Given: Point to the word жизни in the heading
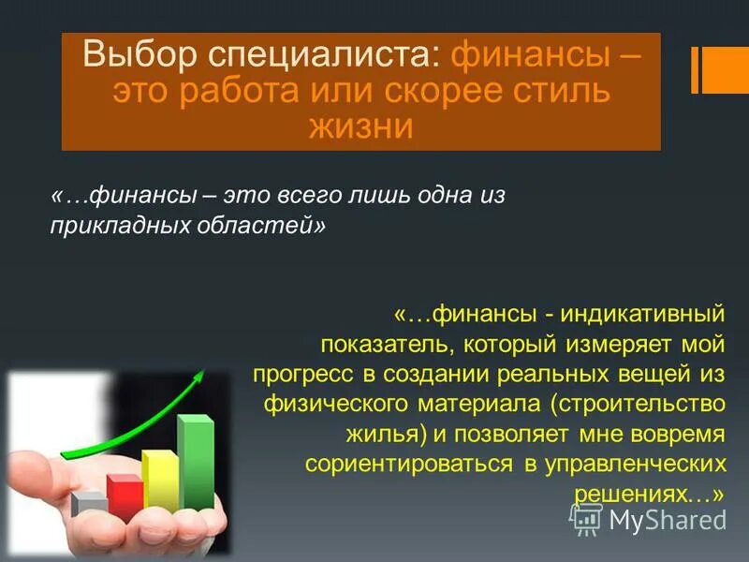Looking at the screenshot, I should (x=361, y=126).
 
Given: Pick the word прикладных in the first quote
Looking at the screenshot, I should (x=112, y=227).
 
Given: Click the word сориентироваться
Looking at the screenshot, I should (x=408, y=464).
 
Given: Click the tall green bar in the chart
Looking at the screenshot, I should (x=195, y=464).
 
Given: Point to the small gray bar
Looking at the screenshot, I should (x=89, y=504).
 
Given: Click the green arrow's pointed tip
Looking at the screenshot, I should (x=202, y=374).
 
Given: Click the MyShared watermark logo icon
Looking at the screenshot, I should (x=586, y=518).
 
